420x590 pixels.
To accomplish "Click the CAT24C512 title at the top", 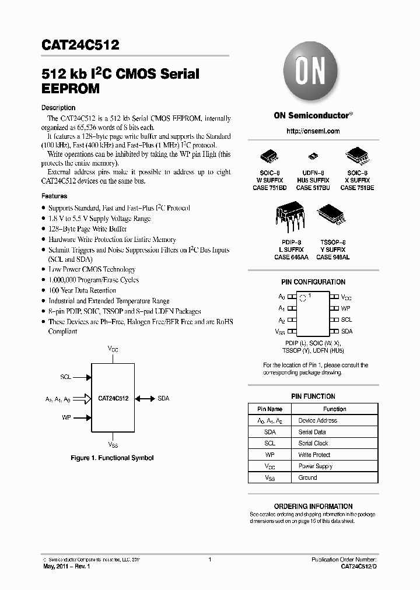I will point(80,44).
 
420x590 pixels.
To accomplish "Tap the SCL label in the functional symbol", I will point(65,377).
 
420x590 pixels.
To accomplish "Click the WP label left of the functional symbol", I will point(66,417).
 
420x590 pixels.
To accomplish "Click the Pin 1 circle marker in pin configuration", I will point(302,297).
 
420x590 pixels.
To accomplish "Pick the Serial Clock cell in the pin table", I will point(313,443).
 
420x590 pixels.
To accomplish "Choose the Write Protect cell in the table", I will point(314,455).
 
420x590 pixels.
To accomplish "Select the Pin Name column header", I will point(269,409).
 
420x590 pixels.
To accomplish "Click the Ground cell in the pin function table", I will point(307,477).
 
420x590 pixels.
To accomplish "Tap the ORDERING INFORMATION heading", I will point(313,506).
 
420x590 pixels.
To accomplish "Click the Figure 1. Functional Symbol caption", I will point(112,458).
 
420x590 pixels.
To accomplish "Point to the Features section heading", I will point(54,196).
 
